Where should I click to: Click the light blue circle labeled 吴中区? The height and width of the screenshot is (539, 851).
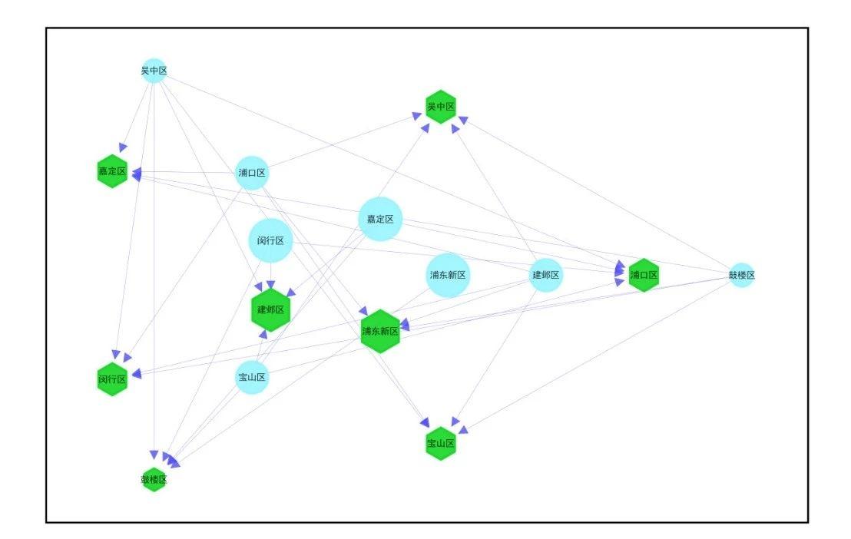click(154, 71)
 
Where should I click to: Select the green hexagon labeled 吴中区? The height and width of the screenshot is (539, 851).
click(441, 107)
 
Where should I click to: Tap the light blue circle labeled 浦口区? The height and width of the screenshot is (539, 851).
click(252, 173)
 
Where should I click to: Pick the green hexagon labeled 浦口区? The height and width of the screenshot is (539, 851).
click(644, 275)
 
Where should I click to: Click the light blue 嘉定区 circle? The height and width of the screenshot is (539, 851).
click(380, 219)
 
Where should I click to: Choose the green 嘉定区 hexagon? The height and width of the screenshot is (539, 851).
click(112, 171)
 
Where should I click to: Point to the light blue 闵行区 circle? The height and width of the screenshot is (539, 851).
click(271, 240)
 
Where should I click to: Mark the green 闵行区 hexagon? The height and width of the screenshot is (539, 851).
click(112, 379)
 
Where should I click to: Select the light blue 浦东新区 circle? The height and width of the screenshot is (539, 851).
click(448, 275)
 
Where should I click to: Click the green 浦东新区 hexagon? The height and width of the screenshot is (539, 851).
click(380, 331)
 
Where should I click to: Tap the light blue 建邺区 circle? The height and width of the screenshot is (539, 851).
click(546, 275)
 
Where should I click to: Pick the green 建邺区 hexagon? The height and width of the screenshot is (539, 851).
click(271, 310)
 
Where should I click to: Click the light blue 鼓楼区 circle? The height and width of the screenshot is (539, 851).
click(741, 275)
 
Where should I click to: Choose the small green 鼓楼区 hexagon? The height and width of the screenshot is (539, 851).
click(154, 479)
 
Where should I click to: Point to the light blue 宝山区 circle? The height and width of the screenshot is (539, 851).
click(252, 377)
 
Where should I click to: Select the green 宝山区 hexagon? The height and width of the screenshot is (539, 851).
click(441, 444)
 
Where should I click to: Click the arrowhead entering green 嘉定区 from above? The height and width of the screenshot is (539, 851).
click(123, 147)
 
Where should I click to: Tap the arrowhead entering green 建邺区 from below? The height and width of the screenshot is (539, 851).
click(263, 334)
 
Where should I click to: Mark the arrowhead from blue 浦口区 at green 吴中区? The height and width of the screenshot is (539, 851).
click(416, 116)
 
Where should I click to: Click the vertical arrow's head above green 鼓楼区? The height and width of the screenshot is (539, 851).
click(154, 455)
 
